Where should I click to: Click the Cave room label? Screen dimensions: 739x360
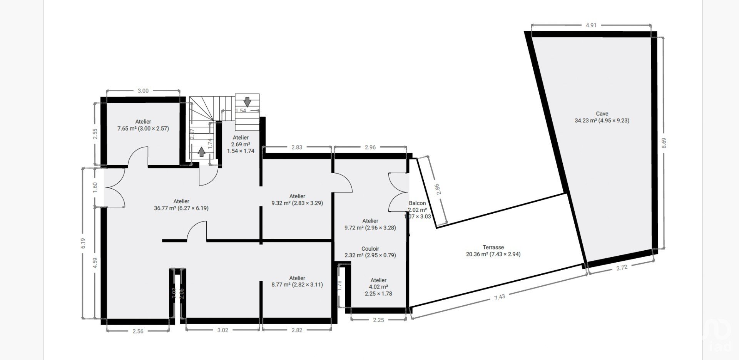point(602,114)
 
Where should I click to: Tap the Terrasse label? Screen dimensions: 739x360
point(493,247)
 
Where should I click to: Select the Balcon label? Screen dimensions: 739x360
point(417,203)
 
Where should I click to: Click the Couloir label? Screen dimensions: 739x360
point(370,249)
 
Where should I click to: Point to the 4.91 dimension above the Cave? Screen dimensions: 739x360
point(591,25)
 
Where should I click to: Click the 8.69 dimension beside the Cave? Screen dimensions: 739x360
point(664,143)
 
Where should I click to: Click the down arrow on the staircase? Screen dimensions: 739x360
point(247,102)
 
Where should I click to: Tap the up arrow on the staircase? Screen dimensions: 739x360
point(201,152)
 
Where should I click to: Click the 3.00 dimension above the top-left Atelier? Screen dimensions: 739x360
point(143,91)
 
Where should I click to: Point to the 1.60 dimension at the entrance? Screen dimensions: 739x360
point(95,187)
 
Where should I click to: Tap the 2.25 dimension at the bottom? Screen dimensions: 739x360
point(378,320)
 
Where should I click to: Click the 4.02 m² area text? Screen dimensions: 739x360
point(378,287)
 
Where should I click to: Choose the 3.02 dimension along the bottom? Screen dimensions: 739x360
point(222,330)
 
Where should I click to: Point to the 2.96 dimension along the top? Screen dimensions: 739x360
point(370,147)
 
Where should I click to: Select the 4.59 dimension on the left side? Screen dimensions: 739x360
point(95,263)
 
